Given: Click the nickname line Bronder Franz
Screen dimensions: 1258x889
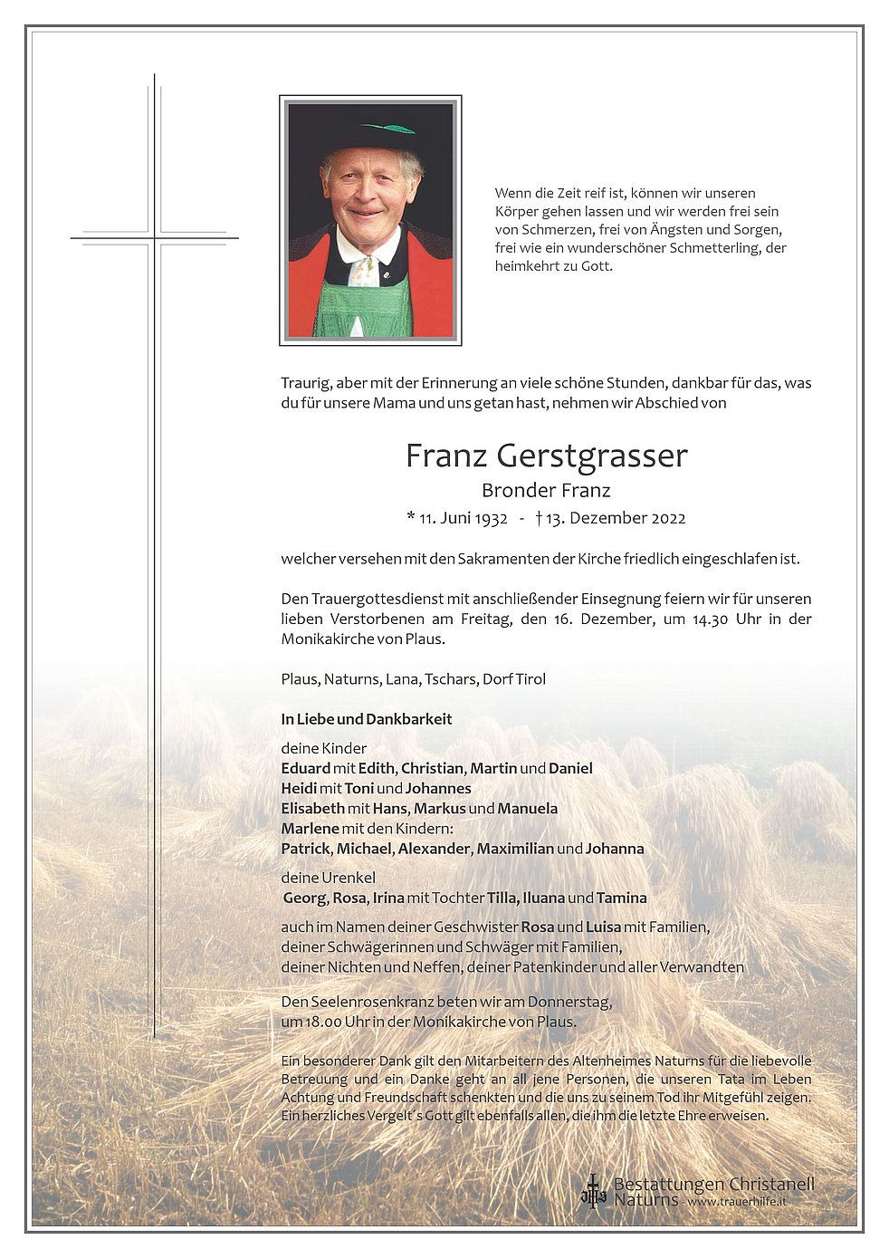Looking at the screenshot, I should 546,491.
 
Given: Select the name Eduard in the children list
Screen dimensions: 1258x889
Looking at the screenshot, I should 305,769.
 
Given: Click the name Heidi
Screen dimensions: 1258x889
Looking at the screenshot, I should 300,789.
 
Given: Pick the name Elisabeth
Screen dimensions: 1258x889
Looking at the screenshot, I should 312,809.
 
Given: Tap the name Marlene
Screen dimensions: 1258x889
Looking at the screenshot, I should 310,829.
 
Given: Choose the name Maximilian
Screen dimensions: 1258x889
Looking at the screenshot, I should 514,850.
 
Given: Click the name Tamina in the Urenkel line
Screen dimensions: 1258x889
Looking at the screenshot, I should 622,898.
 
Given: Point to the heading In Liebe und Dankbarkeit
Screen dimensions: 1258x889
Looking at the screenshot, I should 366,720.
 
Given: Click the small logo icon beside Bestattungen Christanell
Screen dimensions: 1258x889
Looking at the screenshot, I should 593,1190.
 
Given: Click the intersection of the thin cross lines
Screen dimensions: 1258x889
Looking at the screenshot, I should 155,239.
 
